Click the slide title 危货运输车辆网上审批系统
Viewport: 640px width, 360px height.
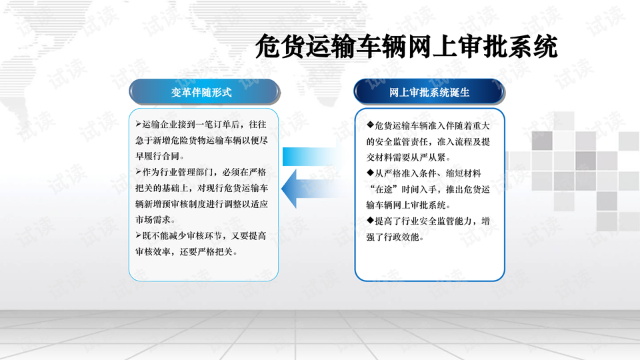point(407,47)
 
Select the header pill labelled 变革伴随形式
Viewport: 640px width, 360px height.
point(204,92)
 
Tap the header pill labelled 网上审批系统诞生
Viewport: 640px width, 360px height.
point(429,92)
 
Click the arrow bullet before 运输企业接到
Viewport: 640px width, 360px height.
point(139,124)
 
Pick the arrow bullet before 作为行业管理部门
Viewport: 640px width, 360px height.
point(139,172)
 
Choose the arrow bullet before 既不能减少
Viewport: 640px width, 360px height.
point(139,235)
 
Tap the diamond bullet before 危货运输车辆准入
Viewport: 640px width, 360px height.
point(370,125)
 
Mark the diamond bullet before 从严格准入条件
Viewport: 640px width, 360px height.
point(370,173)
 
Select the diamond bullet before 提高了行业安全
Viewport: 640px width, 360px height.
point(370,221)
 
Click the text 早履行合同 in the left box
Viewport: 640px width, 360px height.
point(157,156)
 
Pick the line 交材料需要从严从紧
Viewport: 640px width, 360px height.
point(409,157)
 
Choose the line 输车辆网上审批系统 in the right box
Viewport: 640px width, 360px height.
point(409,205)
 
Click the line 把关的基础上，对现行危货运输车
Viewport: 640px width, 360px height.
point(201,188)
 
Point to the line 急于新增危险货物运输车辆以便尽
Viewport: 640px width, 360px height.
point(201,141)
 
